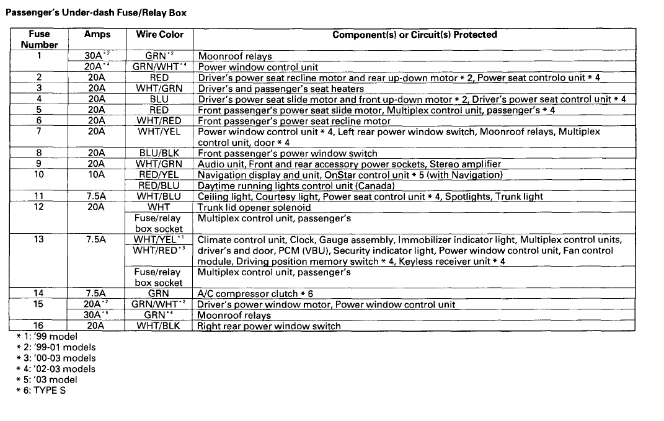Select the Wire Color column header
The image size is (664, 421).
point(159,35)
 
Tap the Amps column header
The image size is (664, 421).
point(96,35)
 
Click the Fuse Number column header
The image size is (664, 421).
point(39,39)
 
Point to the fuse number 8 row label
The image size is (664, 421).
point(39,153)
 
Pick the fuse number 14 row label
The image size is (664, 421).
point(39,293)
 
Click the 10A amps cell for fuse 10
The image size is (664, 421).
point(96,175)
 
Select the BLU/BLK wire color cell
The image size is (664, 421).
point(159,153)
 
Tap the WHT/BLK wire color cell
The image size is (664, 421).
point(159,326)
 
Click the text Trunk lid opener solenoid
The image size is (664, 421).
point(254,207)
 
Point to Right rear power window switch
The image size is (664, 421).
point(269,326)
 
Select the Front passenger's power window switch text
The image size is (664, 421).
point(287,153)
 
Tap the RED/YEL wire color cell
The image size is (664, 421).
point(159,175)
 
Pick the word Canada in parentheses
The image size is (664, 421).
point(376,185)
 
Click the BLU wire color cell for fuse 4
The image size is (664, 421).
point(159,99)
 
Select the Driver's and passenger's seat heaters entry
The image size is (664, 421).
point(281,89)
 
